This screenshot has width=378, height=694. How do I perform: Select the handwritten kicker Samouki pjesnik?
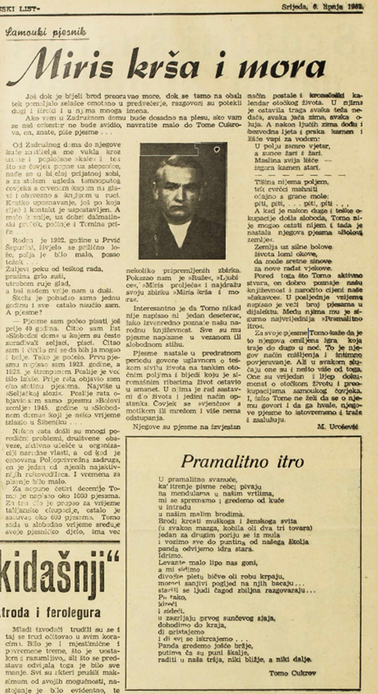pyautogui.click(x=46, y=33)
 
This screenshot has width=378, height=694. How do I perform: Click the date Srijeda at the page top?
pyautogui.click(x=293, y=6)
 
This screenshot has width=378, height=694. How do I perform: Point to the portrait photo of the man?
pyautogui.click(x=183, y=201)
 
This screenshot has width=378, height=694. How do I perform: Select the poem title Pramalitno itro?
pyautogui.click(x=242, y=462)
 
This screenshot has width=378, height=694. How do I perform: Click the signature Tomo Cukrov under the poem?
pyautogui.click(x=292, y=673)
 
